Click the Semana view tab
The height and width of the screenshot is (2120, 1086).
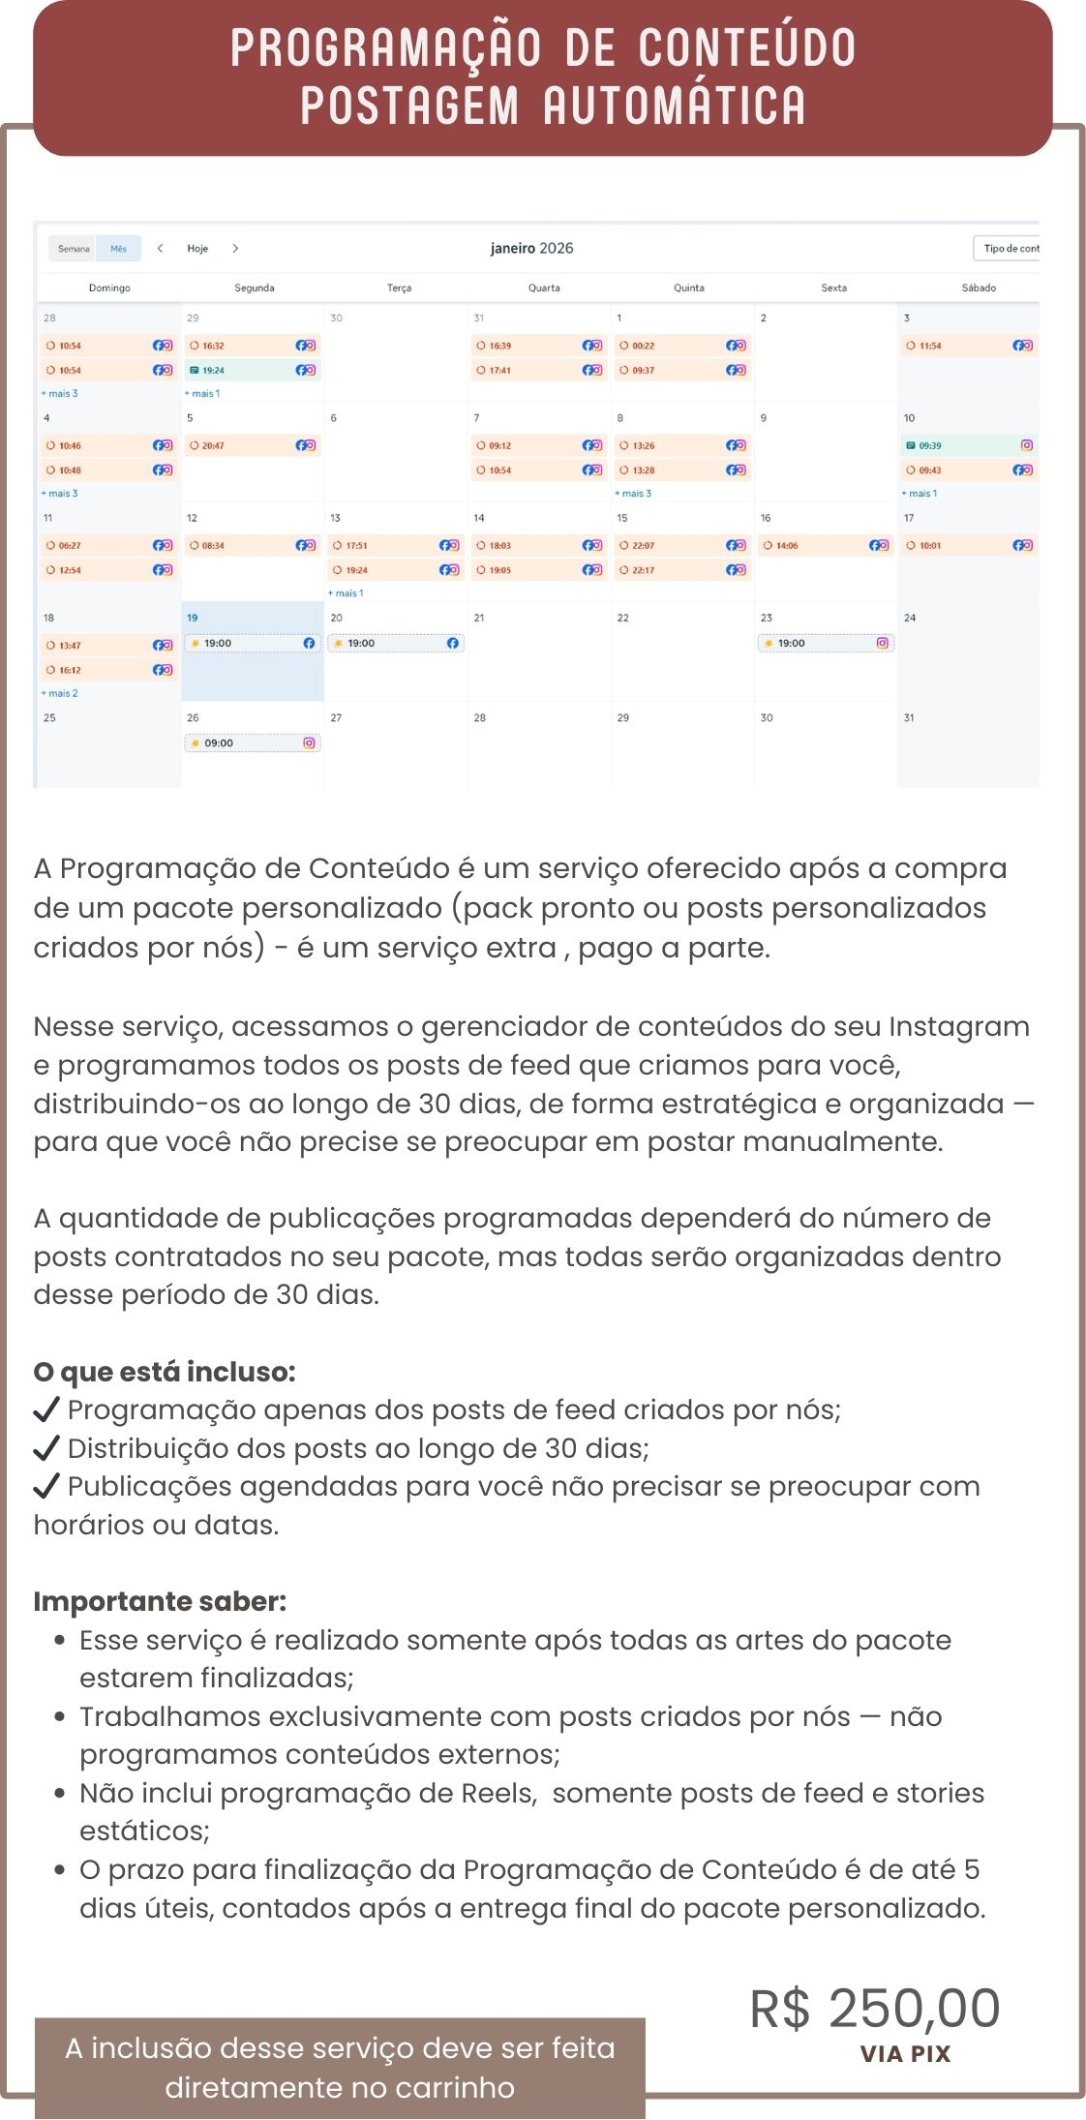pyautogui.click(x=74, y=249)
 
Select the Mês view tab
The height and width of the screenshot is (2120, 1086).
pyautogui.click(x=118, y=249)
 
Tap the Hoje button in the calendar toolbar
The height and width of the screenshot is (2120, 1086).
pyautogui.click(x=197, y=249)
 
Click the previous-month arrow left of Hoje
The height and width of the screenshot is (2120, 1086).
pyautogui.click(x=161, y=249)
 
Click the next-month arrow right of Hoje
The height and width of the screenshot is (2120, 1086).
pyautogui.click(x=235, y=249)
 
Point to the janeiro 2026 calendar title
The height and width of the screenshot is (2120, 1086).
pyautogui.click(x=531, y=249)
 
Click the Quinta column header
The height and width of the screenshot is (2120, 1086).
pyautogui.click(x=688, y=288)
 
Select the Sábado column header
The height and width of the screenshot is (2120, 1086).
pyautogui.click(x=979, y=288)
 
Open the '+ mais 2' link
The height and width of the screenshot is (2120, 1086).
pyautogui.click(x=60, y=693)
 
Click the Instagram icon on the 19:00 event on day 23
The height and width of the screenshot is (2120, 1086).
pyautogui.click(x=883, y=643)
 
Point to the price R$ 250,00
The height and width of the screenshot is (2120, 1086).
pyautogui.click(x=875, y=2008)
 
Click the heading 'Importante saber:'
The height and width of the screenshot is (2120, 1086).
pyautogui.click(x=160, y=1601)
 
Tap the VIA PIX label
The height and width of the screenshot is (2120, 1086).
pyautogui.click(x=905, y=2053)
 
